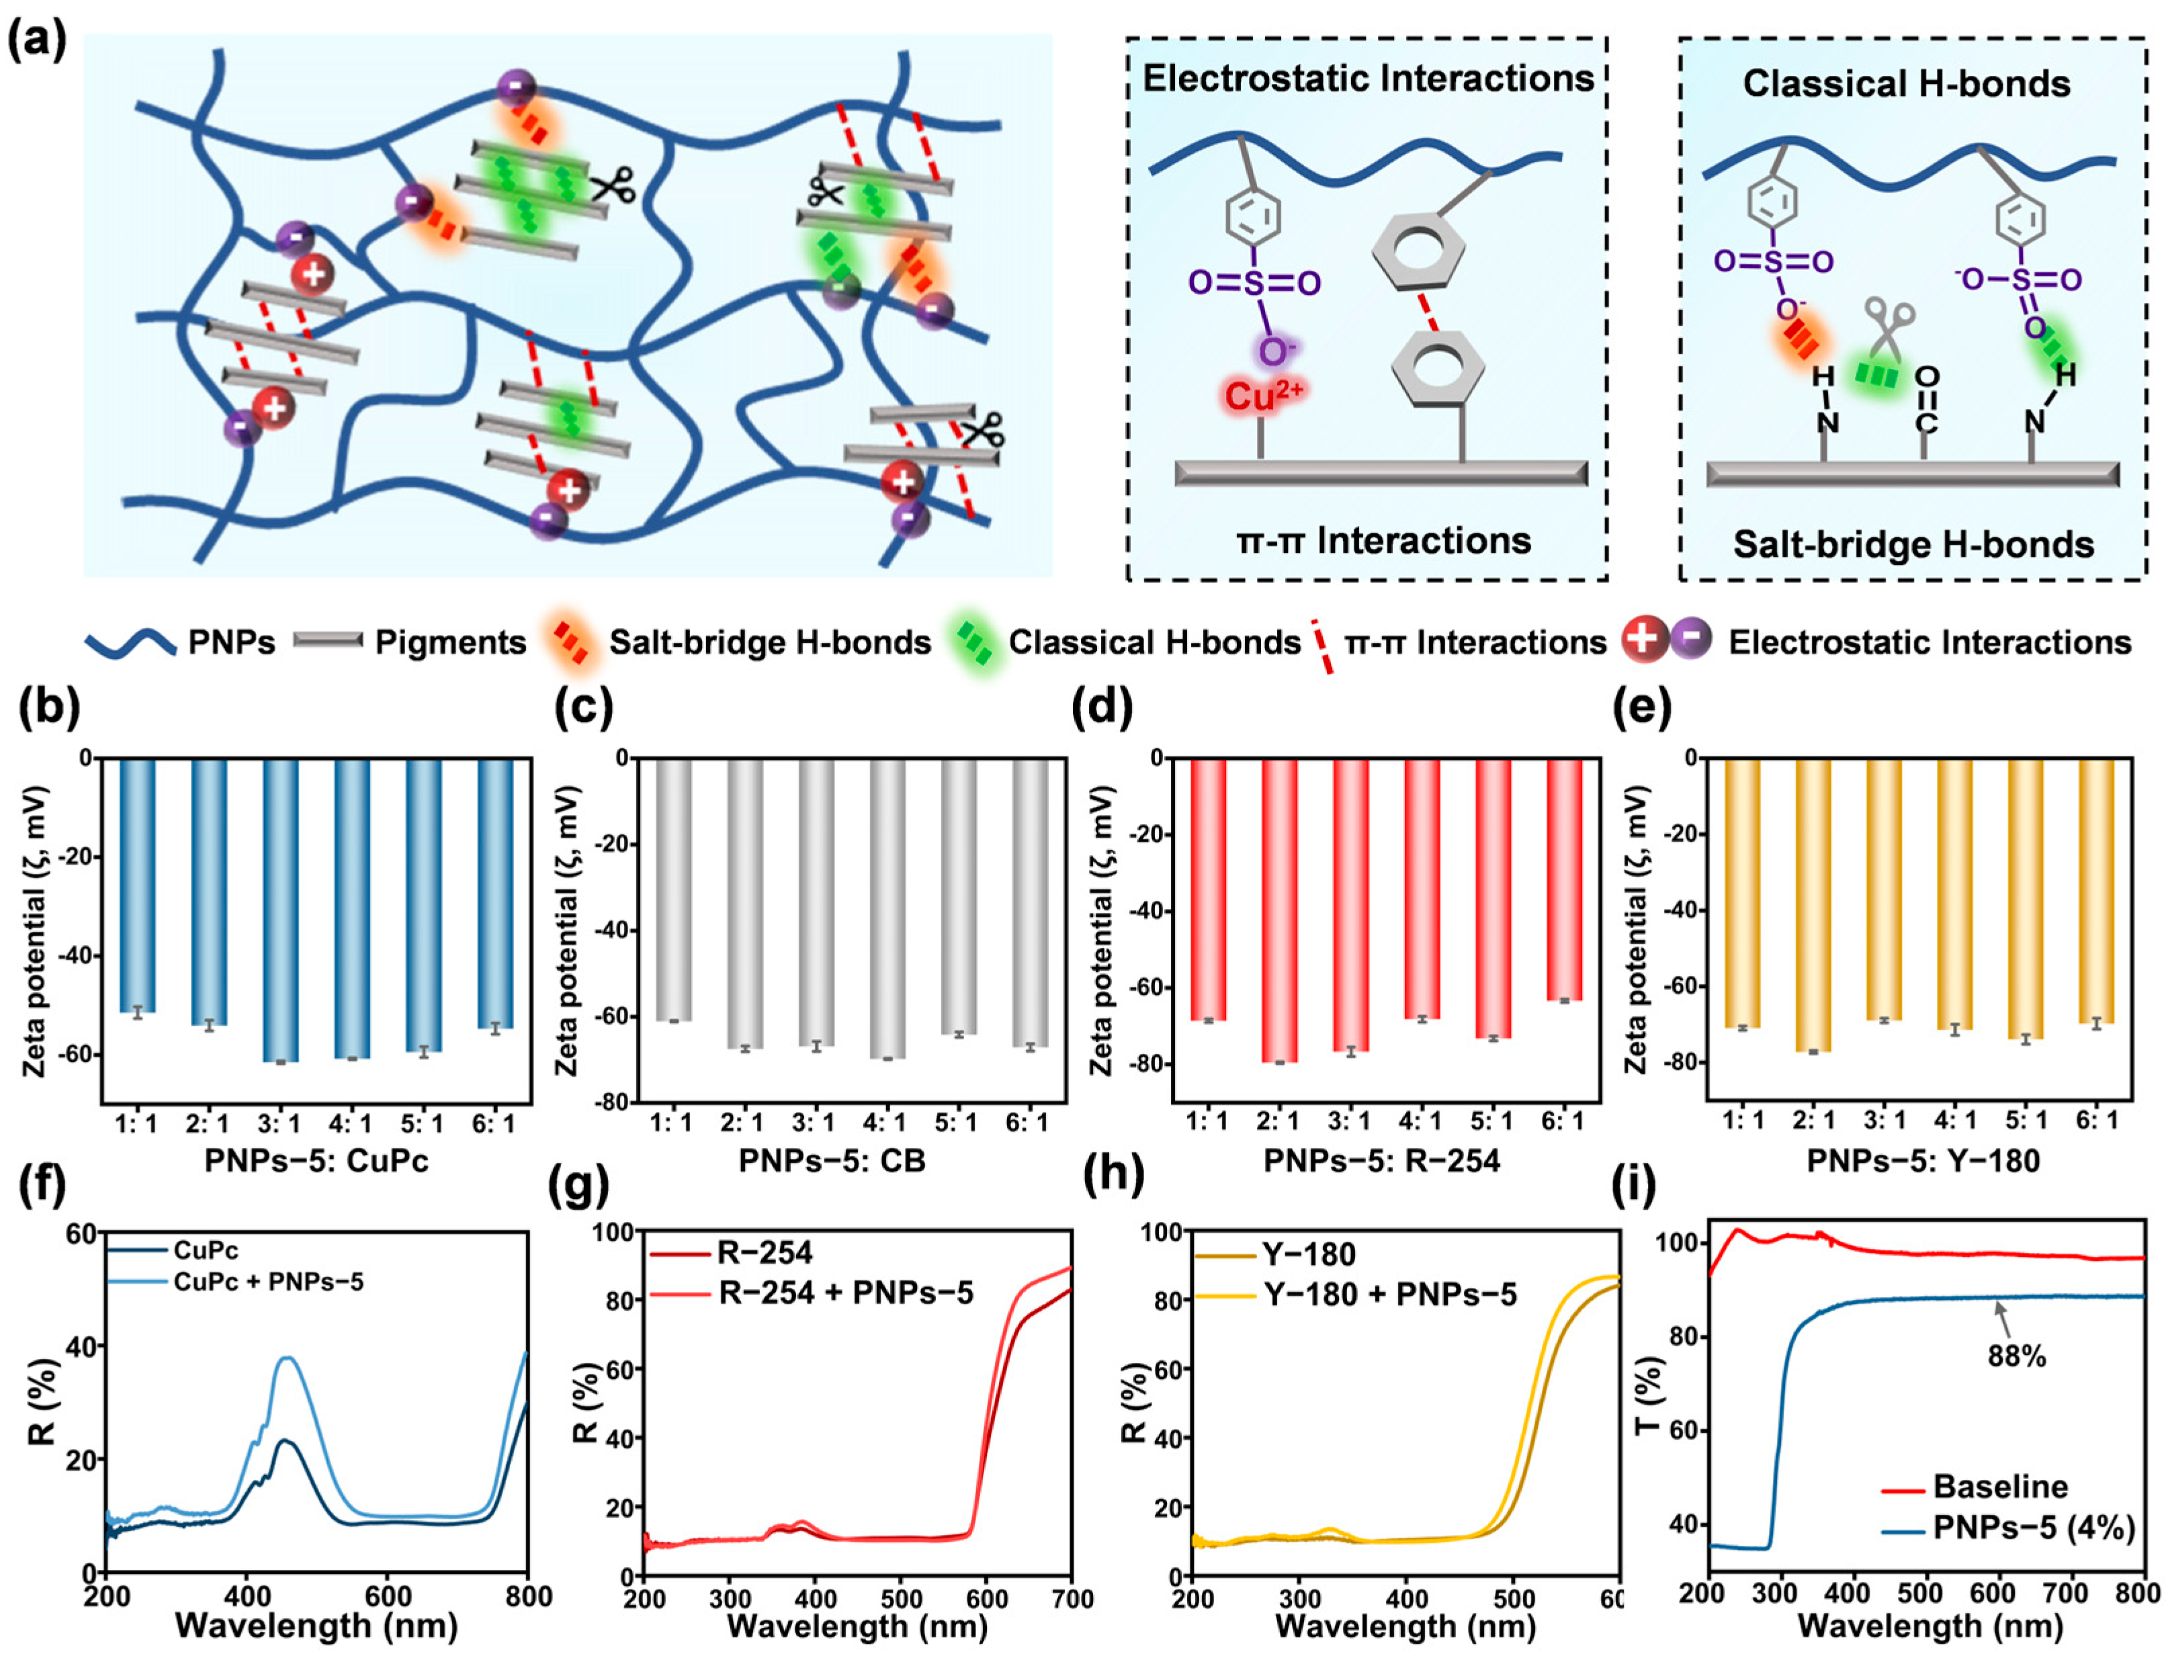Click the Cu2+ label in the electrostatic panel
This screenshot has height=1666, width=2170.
pyautogui.click(x=1262, y=395)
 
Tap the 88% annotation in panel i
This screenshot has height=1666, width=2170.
pyautogui.click(x=2015, y=1356)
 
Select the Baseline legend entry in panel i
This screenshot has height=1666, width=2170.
pyautogui.click(x=1999, y=1487)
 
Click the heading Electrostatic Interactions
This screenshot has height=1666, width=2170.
pyautogui.click(x=1368, y=79)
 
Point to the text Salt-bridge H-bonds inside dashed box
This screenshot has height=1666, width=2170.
pyautogui.click(x=1913, y=544)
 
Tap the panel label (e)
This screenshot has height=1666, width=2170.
pyautogui.click(x=1641, y=708)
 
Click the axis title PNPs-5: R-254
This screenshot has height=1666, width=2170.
pyautogui.click(x=1381, y=1160)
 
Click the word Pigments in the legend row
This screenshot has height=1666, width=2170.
pyautogui.click(x=450, y=643)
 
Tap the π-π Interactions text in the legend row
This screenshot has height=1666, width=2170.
pyautogui.click(x=1475, y=643)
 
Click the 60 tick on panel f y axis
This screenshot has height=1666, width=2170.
pyautogui.click(x=81, y=1233)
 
